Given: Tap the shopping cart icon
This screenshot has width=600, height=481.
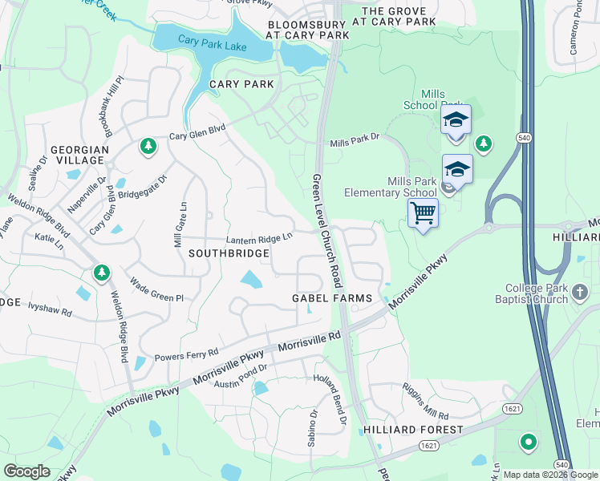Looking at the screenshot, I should pos(423,214).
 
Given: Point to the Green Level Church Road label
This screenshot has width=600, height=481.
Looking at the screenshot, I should pos(328,232).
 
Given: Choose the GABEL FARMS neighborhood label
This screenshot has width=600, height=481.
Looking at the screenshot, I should pos(331,298).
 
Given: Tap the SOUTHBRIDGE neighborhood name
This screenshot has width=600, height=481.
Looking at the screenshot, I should pos(229,253).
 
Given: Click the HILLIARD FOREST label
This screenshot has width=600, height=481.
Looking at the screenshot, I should pos(413,430).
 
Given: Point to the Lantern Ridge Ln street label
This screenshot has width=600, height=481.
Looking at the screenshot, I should pos(259,238).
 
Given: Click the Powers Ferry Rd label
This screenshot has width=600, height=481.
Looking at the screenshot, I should pos(186,353).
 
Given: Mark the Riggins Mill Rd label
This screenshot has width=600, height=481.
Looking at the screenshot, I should pos(426,402).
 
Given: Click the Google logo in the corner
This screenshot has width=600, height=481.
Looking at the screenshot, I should pos(26,471).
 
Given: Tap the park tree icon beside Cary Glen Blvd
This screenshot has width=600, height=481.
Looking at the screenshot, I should pos(148,146).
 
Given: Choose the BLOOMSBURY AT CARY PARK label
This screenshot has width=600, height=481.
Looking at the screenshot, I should pos(308,30).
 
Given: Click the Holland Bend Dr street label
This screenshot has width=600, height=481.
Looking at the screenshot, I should pos(330,400).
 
